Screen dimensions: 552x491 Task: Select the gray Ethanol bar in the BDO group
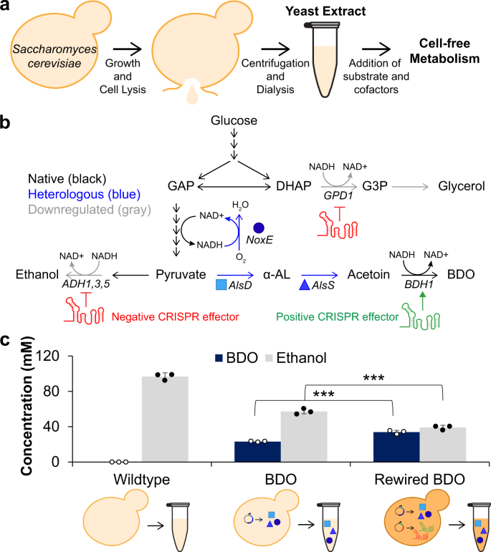coord(308,437)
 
